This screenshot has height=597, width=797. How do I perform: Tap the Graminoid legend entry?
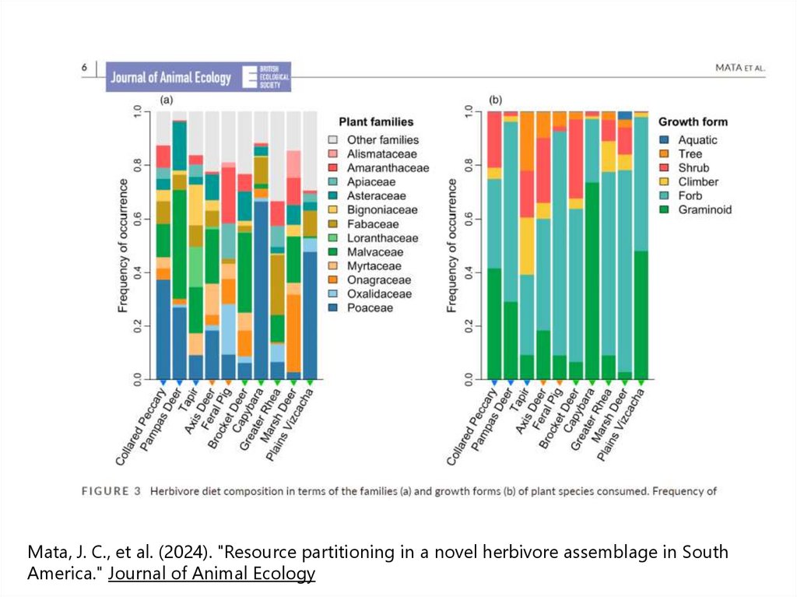(x=704, y=210)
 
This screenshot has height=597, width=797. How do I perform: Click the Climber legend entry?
(x=698, y=182)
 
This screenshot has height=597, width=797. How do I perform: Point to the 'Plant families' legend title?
(x=376, y=122)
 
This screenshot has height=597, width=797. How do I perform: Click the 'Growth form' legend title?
(x=693, y=122)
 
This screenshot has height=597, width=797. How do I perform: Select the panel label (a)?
(x=166, y=100)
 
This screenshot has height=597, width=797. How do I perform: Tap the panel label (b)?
(x=495, y=100)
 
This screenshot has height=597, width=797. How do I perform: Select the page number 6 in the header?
(x=84, y=68)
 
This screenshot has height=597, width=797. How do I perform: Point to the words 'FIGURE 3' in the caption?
(x=111, y=491)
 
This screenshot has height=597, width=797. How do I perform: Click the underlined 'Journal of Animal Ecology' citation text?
(x=212, y=574)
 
